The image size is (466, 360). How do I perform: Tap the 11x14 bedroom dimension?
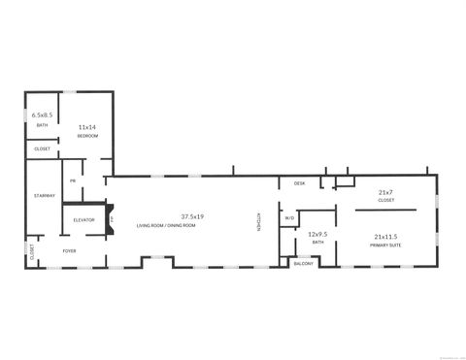pos(86,127)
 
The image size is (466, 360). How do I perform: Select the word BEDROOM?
pos(86,136)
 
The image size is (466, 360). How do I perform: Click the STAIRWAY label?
pos(44,196)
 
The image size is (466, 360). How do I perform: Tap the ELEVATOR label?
pos(84,220)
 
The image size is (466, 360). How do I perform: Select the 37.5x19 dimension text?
pos(191,215)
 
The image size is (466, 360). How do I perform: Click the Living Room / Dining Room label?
pos(166,225)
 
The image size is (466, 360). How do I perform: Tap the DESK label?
pos(299,183)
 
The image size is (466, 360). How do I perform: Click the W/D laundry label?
pos(289,218)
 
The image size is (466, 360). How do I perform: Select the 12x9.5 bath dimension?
pos(317,234)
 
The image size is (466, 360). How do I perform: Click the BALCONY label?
pos(304,263)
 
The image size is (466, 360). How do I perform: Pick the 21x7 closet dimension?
pos(385,193)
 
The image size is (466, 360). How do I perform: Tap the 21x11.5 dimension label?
pos(385,237)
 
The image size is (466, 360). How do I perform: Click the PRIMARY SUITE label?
pos(385,245)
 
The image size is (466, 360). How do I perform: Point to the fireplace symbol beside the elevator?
pos(111,219)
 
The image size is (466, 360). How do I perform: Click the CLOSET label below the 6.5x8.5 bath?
pos(42,148)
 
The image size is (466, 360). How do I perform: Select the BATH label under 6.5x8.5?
pos(42,125)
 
